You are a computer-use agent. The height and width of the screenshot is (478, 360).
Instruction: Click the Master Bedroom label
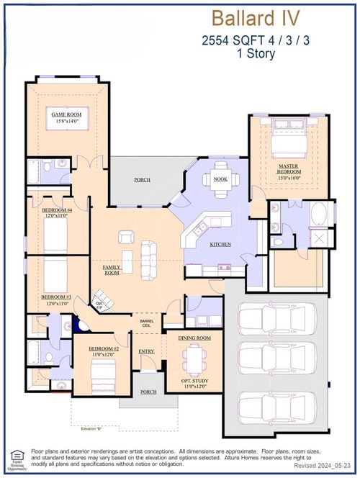[x=289, y=170]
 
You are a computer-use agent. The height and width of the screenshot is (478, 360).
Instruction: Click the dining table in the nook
[x=221, y=180]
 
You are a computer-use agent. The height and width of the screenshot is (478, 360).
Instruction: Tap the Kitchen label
[x=220, y=245]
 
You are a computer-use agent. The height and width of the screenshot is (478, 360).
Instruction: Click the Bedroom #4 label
[x=55, y=212]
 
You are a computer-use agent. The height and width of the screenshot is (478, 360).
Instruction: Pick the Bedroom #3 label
[x=55, y=299]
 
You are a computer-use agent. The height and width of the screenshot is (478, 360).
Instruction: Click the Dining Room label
[x=194, y=338]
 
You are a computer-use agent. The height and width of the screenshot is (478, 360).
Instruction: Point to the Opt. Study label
[x=194, y=382]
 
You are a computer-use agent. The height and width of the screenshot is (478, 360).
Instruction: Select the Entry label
[x=146, y=351]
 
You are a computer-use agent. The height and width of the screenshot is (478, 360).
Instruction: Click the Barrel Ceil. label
[x=147, y=324]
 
